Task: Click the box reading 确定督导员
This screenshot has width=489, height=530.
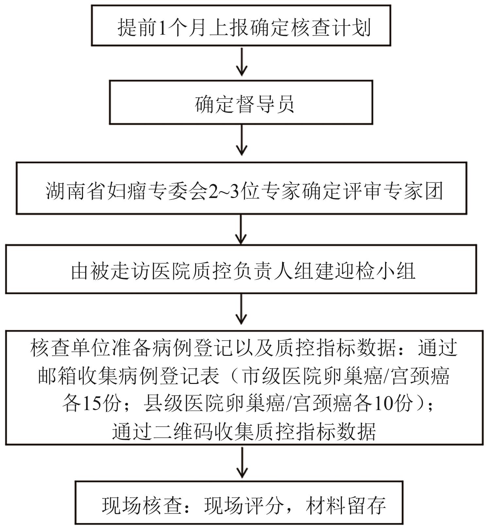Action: coord(241,102)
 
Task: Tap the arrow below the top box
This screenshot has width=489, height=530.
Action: coord(242,62)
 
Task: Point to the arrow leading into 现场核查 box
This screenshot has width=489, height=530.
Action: coord(242,462)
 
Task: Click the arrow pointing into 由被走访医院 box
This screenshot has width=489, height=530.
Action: coord(241,229)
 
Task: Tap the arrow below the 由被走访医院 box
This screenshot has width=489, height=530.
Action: coord(241,309)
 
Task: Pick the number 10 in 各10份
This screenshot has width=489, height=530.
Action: coord(382,404)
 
